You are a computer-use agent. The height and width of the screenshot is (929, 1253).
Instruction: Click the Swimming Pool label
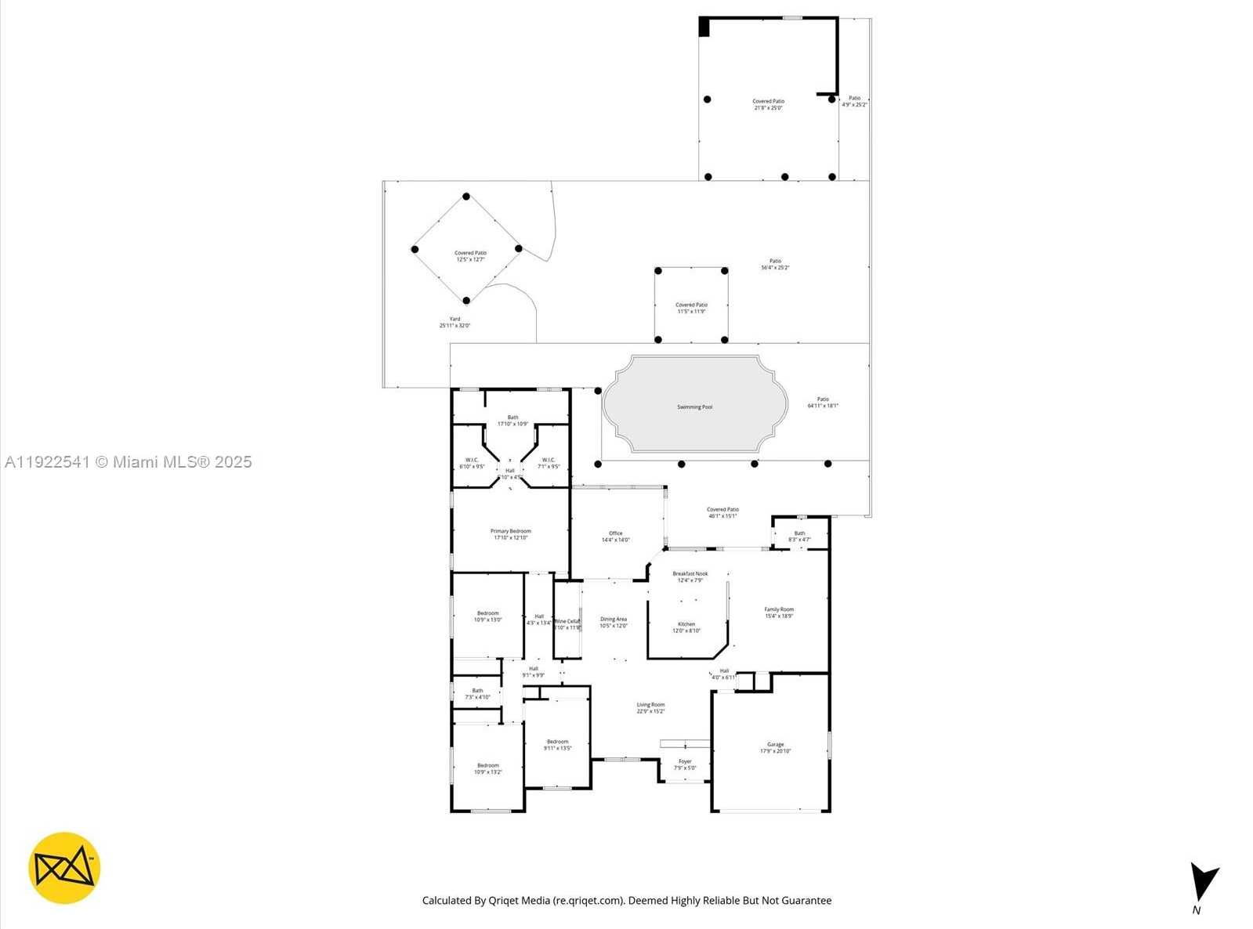click(694, 407)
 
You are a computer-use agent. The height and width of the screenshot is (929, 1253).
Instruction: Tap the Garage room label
click(775, 747)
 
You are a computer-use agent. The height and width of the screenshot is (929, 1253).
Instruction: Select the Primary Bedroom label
click(510, 534)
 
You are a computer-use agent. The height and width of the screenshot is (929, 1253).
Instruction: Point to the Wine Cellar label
click(567, 624)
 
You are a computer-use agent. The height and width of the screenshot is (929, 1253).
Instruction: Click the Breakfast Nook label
click(690, 577)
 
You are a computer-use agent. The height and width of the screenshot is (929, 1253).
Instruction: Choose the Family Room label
click(779, 612)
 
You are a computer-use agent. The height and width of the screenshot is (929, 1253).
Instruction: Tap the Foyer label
click(685, 764)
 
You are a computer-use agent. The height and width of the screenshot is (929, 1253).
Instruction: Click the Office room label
click(615, 536)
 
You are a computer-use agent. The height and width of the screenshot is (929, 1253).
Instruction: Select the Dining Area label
click(613, 622)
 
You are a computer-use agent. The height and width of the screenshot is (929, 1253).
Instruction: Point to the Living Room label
click(650, 707)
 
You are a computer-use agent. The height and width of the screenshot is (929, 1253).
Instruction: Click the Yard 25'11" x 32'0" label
click(454, 322)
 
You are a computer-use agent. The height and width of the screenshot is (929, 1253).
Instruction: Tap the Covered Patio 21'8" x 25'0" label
click(768, 104)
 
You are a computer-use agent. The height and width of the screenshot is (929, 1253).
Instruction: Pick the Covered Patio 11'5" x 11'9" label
click(691, 308)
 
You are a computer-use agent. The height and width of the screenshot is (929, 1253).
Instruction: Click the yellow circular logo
click(64, 868)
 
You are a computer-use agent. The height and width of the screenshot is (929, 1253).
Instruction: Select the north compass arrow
click(1201, 883)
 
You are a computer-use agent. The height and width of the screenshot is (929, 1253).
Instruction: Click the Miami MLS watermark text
click(128, 462)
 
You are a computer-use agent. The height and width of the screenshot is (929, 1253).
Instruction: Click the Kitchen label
click(686, 627)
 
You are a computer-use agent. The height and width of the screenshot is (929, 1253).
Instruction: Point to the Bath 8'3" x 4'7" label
click(799, 536)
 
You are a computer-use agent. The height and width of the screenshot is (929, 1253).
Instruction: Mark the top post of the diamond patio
click(466, 197)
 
